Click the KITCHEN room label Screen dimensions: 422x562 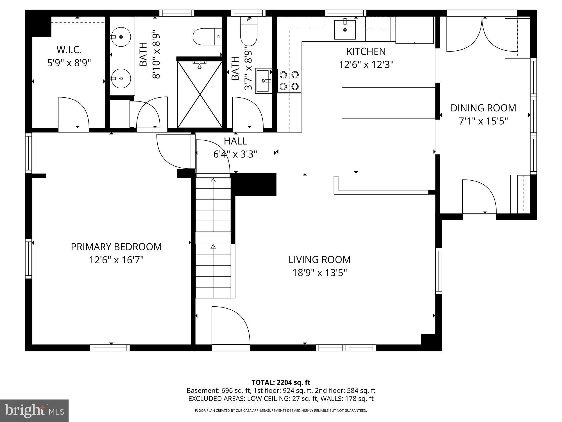[x=366, y=51]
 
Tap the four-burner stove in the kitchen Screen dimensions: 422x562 [x=289, y=80]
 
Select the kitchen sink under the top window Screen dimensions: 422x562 [x=345, y=30]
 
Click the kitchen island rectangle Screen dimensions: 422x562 [x=388, y=103]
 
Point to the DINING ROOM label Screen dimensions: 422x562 [x=483, y=108]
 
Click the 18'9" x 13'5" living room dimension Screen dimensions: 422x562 [x=319, y=273]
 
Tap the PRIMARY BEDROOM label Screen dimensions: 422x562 [x=116, y=247]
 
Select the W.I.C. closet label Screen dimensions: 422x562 [x=69, y=50]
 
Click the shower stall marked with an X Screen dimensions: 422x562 [x=200, y=94]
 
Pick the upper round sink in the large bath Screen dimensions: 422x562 [x=121, y=37]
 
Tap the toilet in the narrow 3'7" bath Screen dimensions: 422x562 [x=249, y=32]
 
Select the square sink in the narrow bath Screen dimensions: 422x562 [x=263, y=81]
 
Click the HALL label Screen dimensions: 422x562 [x=235, y=141]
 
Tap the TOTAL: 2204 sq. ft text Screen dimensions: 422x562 [x=281, y=382]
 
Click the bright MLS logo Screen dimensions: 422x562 [x=34, y=411]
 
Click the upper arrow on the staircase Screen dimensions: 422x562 [x=213, y=180]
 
